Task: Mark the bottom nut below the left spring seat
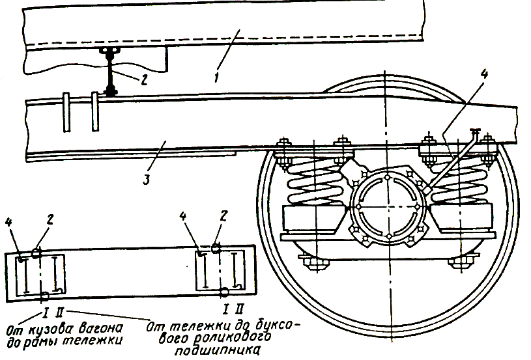311,262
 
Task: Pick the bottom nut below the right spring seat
461,262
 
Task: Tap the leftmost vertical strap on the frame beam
67,107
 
